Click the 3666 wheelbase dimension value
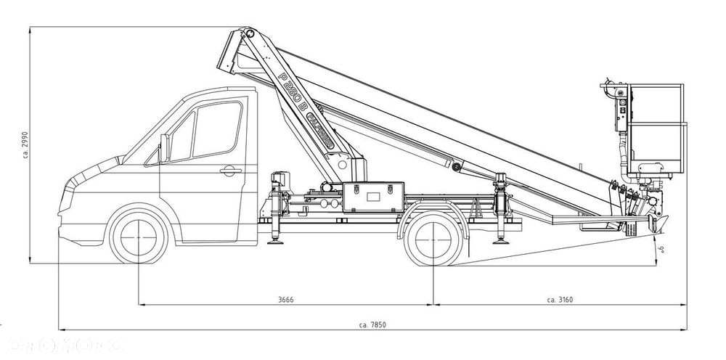pyautogui.click(x=285, y=299)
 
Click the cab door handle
pyautogui.click(x=229, y=171)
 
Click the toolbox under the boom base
pyautogui.click(x=372, y=195)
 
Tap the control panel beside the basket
pyautogui.click(x=621, y=109)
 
